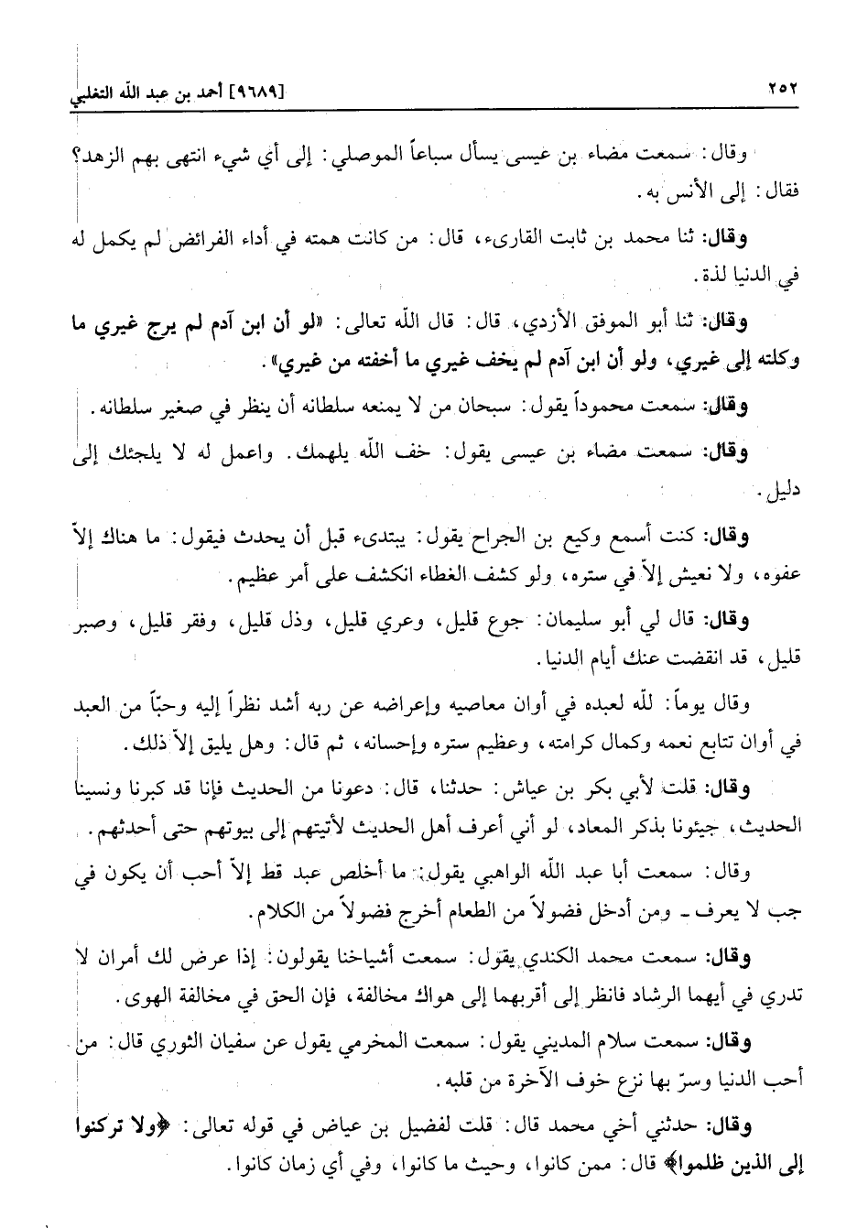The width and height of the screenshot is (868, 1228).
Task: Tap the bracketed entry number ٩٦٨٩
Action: [261, 92]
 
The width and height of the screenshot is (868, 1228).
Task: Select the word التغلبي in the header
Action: [103, 92]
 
